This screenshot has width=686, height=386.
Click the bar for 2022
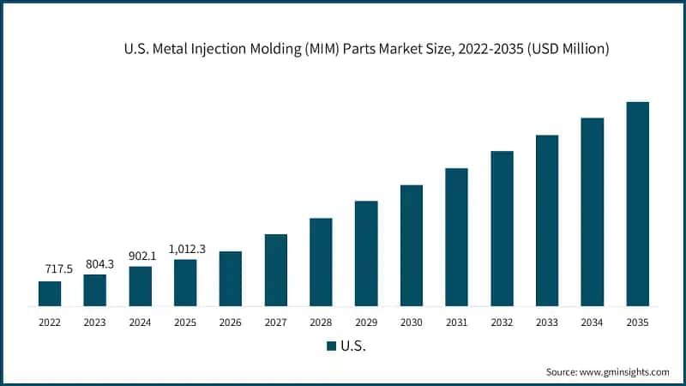50,293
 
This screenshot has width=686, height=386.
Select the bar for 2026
231,279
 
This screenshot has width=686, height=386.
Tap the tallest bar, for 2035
637,204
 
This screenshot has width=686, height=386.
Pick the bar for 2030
412,245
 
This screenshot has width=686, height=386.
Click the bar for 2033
547,220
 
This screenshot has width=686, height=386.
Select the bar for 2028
321,262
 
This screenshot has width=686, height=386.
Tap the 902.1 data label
141,255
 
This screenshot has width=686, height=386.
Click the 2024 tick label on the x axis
141,323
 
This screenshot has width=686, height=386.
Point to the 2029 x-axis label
366,323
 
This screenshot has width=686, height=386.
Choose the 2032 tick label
502,323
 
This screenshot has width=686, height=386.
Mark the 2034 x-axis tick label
593,323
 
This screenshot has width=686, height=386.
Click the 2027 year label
275,323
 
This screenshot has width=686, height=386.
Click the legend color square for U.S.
331,347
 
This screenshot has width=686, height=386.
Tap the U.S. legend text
352,347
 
